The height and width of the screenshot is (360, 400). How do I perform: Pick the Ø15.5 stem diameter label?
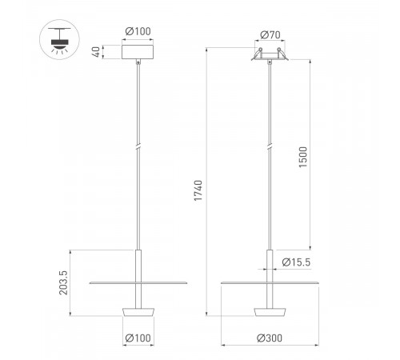296,262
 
